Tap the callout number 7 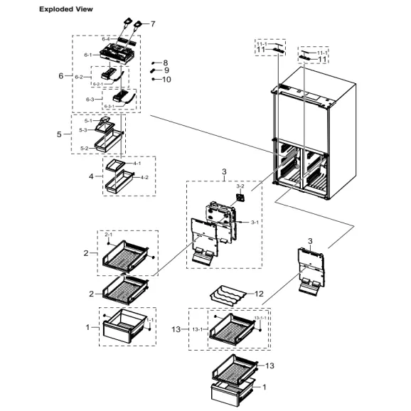coord(152,23)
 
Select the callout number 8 coord(166,63)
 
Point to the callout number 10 coord(167,79)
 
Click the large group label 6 coord(60,75)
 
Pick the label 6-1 coord(88,55)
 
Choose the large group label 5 coord(60,133)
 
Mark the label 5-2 coord(84,149)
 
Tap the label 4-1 coord(137,164)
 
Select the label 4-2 coord(144,177)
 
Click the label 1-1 coord(150,321)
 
